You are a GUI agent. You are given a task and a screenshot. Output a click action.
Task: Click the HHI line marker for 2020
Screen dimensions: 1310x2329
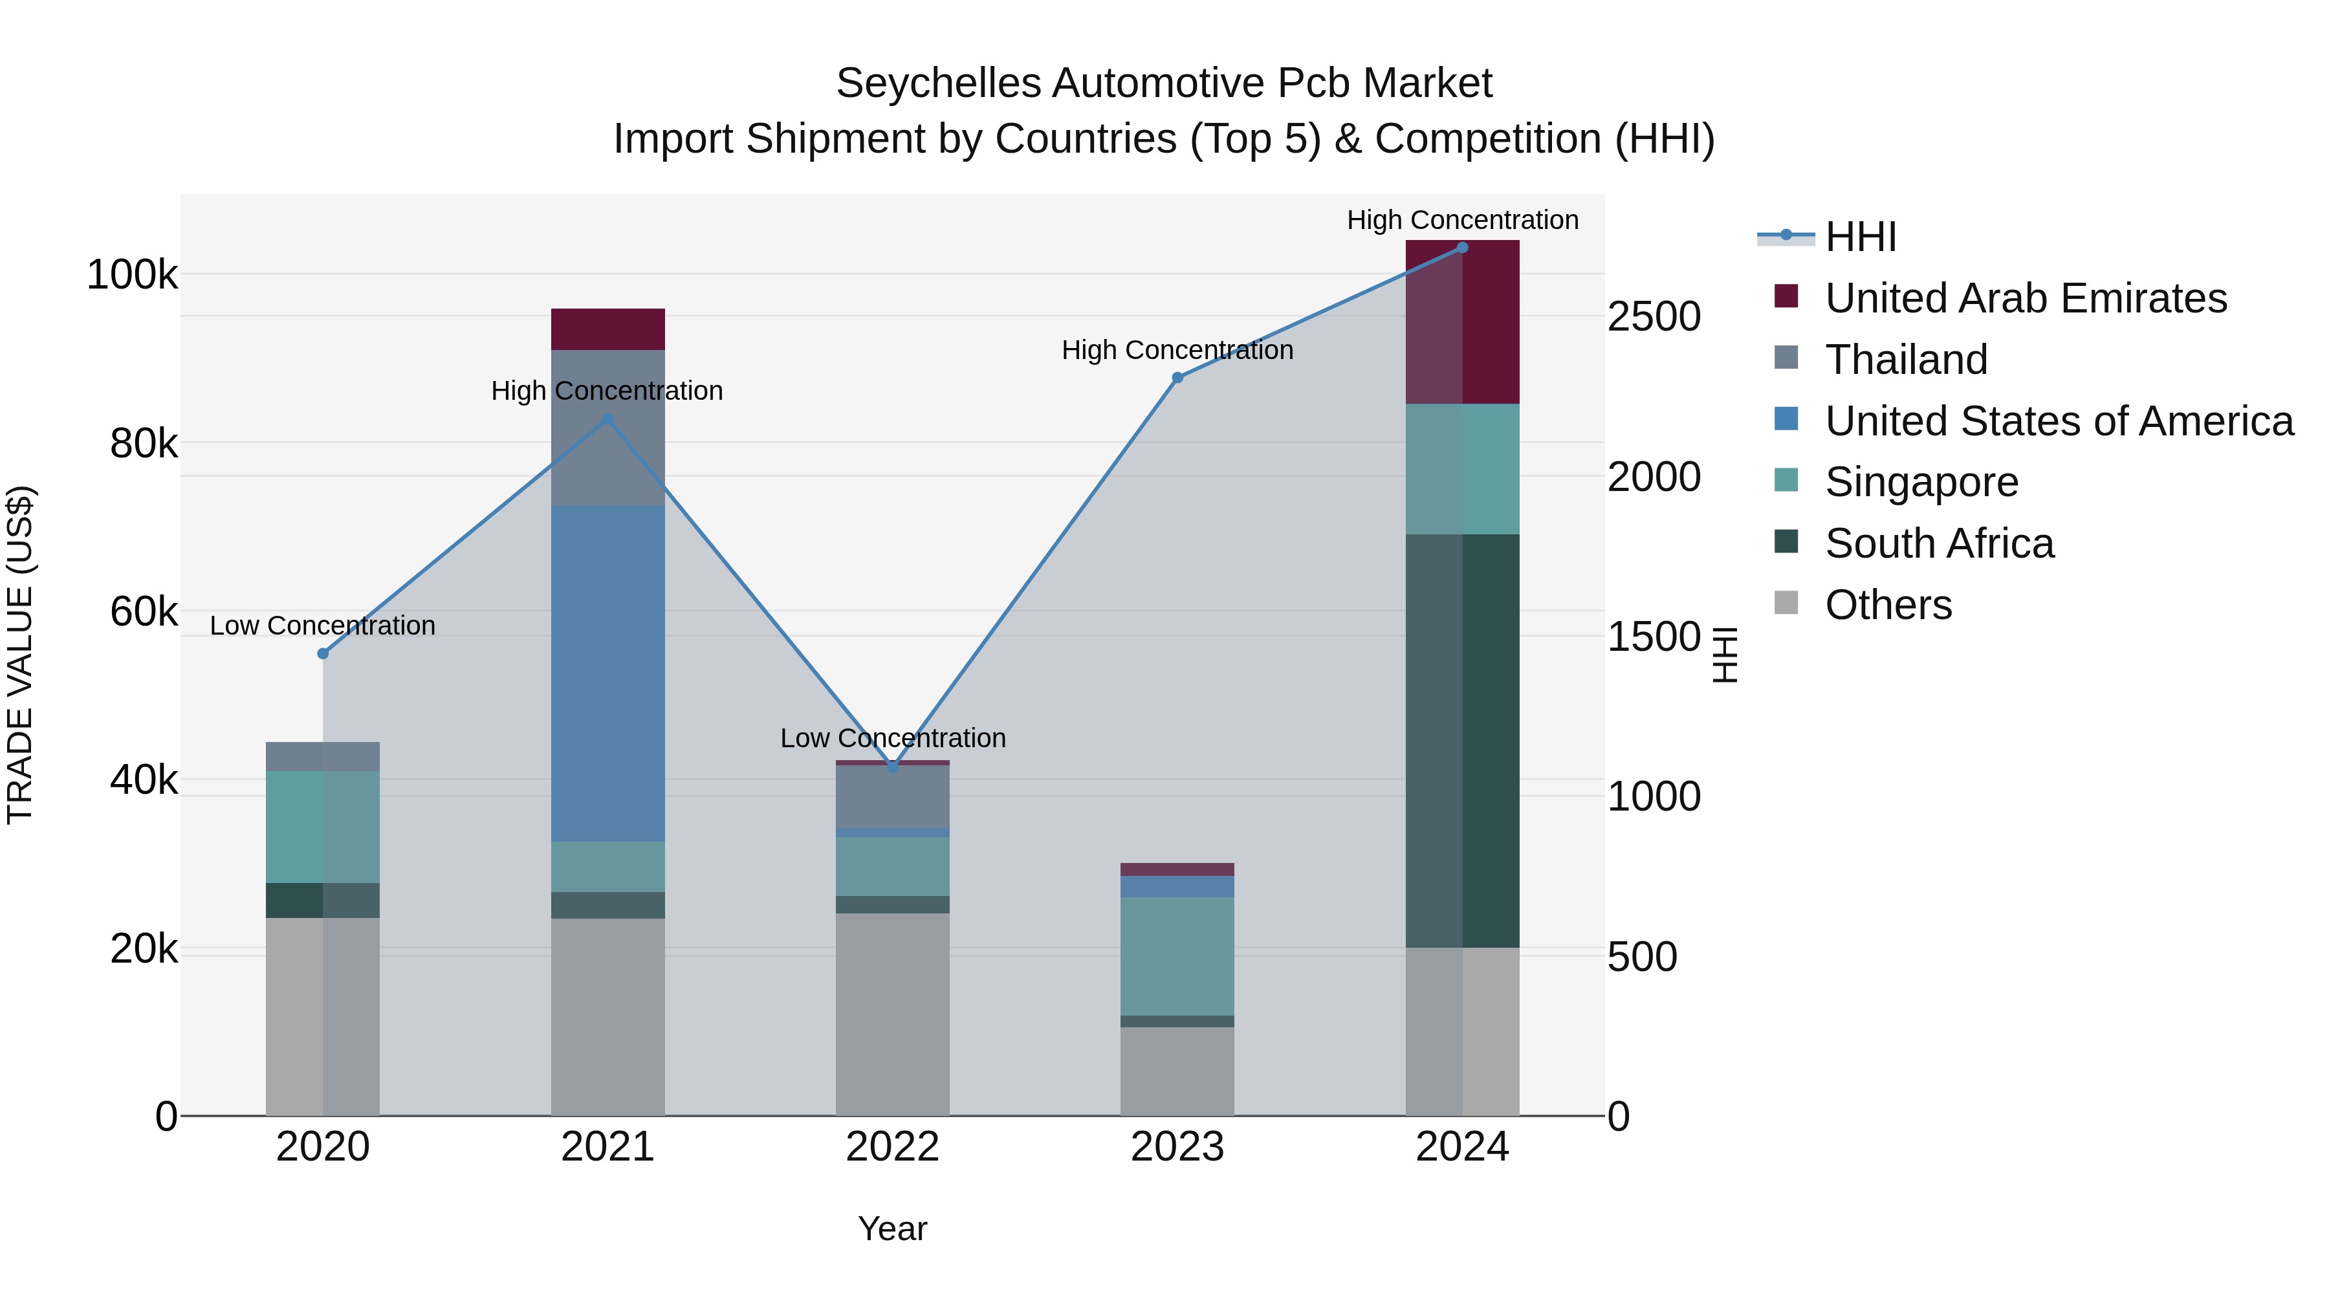(x=323, y=653)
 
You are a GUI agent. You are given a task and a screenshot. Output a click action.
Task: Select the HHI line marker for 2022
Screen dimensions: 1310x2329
(x=892, y=767)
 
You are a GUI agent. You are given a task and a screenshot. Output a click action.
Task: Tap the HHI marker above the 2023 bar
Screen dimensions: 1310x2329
(x=1177, y=378)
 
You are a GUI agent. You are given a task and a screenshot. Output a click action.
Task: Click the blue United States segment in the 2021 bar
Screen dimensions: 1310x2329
(x=607, y=673)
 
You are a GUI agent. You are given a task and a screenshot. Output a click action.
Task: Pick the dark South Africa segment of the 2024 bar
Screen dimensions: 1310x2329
(x=1462, y=741)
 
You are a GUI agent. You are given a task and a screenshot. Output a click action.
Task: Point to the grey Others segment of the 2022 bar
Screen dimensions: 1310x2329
(x=892, y=1014)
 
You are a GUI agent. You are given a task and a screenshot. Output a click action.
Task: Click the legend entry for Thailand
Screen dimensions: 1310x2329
(x=1906, y=360)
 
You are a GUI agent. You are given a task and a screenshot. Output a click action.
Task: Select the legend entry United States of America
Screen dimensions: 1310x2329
(x=2058, y=421)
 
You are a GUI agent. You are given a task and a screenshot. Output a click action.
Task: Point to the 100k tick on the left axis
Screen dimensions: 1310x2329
(x=132, y=275)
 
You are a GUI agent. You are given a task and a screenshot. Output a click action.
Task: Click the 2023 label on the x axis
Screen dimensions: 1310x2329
(x=1177, y=1147)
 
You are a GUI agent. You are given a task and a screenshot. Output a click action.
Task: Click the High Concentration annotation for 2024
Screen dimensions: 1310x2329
(x=1462, y=220)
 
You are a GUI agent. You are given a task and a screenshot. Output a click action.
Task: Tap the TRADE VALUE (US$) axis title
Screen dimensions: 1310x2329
(x=20, y=655)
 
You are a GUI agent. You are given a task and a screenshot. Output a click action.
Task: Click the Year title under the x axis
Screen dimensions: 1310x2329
(x=892, y=1228)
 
